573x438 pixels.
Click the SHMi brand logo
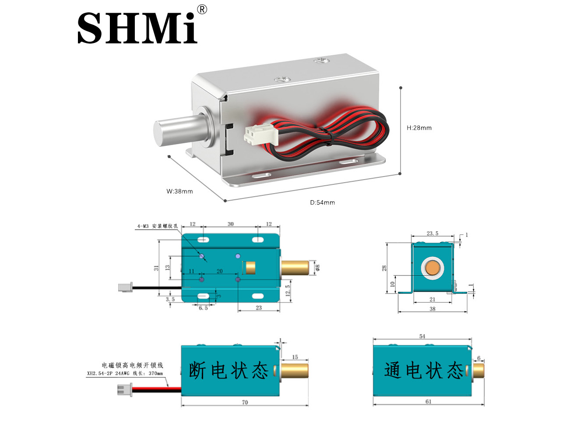(137, 28)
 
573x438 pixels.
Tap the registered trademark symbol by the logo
(202, 10)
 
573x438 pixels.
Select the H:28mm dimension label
(419, 128)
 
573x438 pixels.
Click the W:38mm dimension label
(179, 191)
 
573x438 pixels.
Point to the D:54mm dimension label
(322, 202)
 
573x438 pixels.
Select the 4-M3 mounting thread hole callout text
(157, 226)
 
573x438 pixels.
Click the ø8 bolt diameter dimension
(318, 267)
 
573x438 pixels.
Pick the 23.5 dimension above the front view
(432, 233)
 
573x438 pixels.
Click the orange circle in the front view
(433, 268)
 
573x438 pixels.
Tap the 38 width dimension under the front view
(432, 309)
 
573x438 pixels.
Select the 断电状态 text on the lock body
(228, 371)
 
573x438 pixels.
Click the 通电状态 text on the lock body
(424, 371)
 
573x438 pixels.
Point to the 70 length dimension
(245, 402)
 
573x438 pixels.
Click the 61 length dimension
(428, 402)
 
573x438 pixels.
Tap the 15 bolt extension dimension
(295, 357)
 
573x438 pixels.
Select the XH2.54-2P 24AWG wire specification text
(125, 374)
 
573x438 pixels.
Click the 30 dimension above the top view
(231, 224)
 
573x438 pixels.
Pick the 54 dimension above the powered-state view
(422, 336)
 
